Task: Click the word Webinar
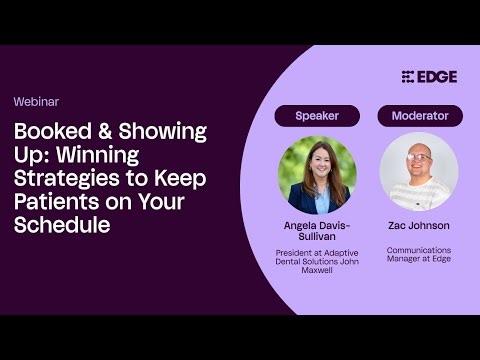point(35,102)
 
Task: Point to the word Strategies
point(64,179)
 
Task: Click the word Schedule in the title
point(61,225)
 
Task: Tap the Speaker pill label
point(317,116)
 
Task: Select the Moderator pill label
point(419,116)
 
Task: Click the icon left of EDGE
point(408,77)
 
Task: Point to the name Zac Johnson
point(419,227)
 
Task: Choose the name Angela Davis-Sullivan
point(317,232)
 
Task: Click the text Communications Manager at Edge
point(419,254)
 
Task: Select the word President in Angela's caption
point(296,253)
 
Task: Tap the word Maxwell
point(317,271)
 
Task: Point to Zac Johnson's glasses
point(419,158)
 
